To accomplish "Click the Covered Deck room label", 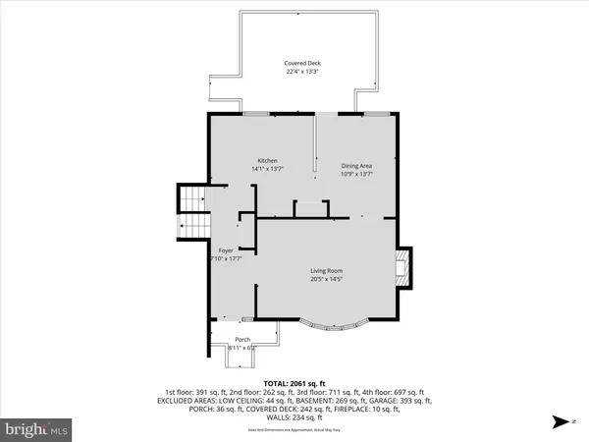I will click(x=302, y=63).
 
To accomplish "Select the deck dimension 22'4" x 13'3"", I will click(x=302, y=71).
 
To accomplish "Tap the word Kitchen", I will click(x=268, y=160).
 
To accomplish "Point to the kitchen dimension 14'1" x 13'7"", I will click(x=268, y=169).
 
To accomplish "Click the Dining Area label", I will click(x=357, y=166).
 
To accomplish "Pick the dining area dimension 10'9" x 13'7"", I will click(x=357, y=175).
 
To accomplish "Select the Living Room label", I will click(x=327, y=271).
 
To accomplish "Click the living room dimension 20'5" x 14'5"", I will click(x=327, y=280).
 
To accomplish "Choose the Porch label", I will click(x=241, y=340).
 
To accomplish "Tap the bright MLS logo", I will click(x=37, y=428).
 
